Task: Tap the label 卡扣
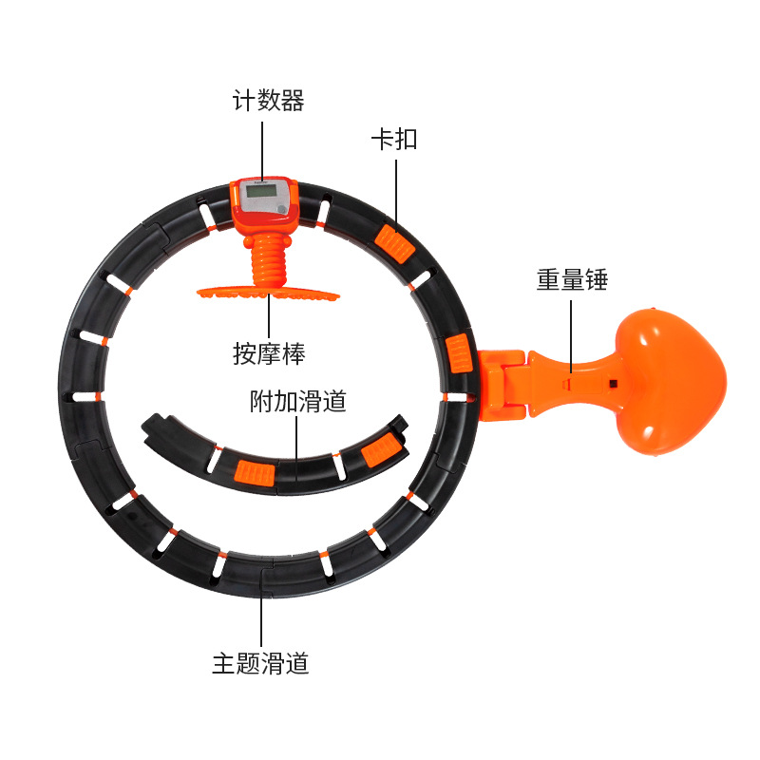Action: pyautogui.click(x=393, y=140)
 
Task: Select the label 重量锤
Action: pyautogui.click(x=571, y=280)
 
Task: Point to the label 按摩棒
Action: pyautogui.click(x=269, y=353)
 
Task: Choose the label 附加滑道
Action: pyautogui.click(x=297, y=401)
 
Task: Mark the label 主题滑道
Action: pyautogui.click(x=261, y=662)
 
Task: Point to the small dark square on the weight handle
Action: pyautogui.click(x=613, y=384)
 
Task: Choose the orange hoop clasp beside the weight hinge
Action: pyautogui.click(x=457, y=353)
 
